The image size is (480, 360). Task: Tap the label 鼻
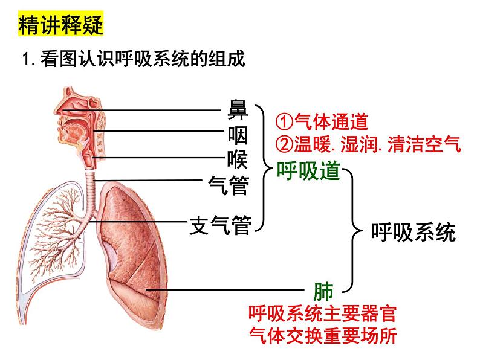[x=237, y=111]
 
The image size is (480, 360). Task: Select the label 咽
[x=237, y=135]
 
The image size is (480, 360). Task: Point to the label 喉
[x=237, y=158]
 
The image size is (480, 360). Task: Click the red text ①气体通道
[x=322, y=122]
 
